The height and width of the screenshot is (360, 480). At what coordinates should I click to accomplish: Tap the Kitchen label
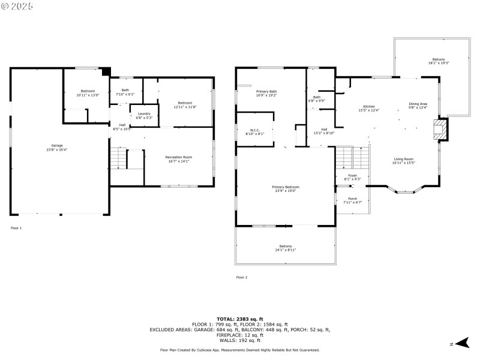[x=368, y=108]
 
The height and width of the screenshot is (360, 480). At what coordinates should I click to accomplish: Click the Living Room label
[x=403, y=160]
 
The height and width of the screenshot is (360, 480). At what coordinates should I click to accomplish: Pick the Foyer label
[x=352, y=177]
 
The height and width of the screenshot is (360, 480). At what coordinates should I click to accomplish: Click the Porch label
[x=352, y=200]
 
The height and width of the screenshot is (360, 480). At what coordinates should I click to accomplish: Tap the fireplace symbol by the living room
[x=441, y=128]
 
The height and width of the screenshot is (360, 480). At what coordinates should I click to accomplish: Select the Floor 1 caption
[x=16, y=228]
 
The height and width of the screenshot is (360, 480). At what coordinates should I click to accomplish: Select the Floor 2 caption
[x=242, y=277]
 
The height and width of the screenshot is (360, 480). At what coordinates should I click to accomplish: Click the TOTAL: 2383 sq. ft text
[x=240, y=319]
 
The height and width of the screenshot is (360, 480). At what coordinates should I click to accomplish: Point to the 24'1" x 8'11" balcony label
[x=285, y=248]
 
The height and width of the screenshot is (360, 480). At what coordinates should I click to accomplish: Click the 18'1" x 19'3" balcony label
[x=439, y=61]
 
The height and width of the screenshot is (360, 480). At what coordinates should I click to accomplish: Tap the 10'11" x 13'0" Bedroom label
[x=88, y=94]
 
